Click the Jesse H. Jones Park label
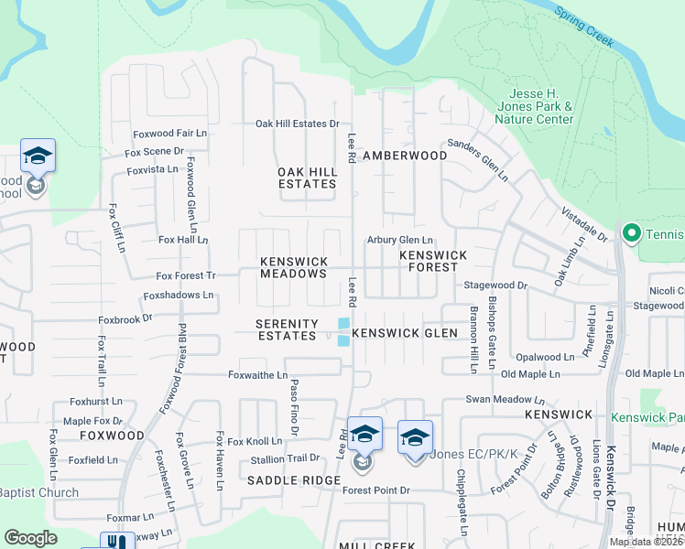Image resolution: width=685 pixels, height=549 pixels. (x=540, y=106)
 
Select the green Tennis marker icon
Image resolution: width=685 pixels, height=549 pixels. (x=630, y=235)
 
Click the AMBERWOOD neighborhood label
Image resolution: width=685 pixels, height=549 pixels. (x=405, y=156)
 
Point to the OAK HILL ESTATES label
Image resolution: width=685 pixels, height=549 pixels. (x=307, y=178)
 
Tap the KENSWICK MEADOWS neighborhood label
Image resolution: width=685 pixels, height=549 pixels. (x=293, y=267)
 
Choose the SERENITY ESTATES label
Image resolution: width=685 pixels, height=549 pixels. (x=287, y=330)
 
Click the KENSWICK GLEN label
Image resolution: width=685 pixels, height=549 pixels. (x=398, y=333)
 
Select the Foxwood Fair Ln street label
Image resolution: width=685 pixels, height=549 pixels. (x=169, y=134)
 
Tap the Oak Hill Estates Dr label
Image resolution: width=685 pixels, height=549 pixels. (x=297, y=124)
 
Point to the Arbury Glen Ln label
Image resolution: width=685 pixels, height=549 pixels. (x=399, y=240)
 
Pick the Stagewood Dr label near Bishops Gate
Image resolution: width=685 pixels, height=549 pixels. (x=495, y=285)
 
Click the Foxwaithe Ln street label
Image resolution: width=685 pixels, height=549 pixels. (x=256, y=375)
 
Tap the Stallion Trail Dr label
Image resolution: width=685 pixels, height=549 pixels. (x=288, y=457)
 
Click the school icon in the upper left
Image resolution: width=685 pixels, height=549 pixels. (x=38, y=156)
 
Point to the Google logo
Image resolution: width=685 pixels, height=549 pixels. (x=30, y=538)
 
